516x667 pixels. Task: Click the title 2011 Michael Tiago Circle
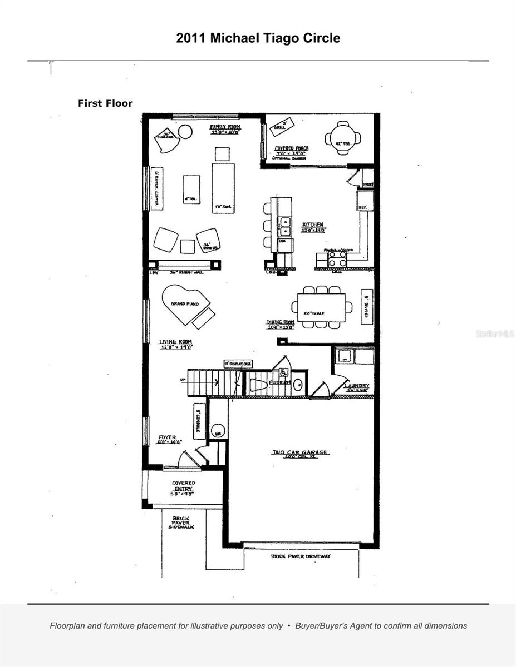point(258,38)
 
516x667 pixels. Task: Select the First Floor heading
point(105,103)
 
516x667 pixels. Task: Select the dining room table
point(321,307)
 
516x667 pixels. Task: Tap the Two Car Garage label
point(300,453)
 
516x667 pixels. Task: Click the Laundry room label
point(356,386)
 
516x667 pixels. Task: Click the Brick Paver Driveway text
point(301,556)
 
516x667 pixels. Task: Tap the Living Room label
point(175,344)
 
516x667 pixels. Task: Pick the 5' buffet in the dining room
point(367,305)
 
